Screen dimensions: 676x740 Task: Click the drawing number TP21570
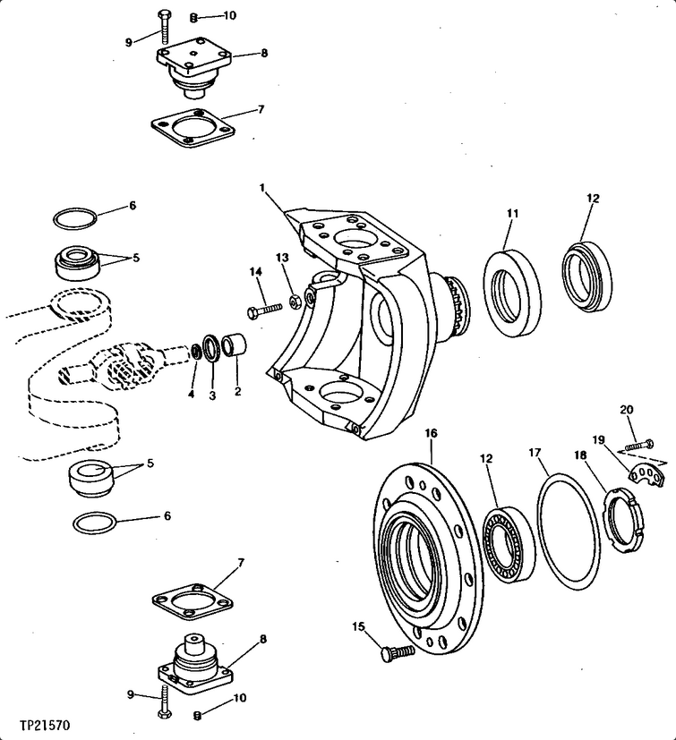45,725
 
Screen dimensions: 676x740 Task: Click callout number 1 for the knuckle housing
262,188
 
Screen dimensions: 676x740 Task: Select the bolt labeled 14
265,310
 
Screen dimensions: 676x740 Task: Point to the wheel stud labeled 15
398,653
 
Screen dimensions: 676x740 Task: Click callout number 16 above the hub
431,433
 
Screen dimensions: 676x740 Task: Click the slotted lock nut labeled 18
625,520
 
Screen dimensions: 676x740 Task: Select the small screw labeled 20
639,445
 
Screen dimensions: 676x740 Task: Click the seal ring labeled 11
512,294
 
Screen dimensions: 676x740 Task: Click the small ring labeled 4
195,351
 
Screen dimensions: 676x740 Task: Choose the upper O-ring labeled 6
75,219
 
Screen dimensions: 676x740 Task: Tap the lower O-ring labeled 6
95,523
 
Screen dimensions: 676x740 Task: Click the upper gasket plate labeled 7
193,128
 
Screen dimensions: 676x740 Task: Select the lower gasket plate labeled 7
193,601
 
